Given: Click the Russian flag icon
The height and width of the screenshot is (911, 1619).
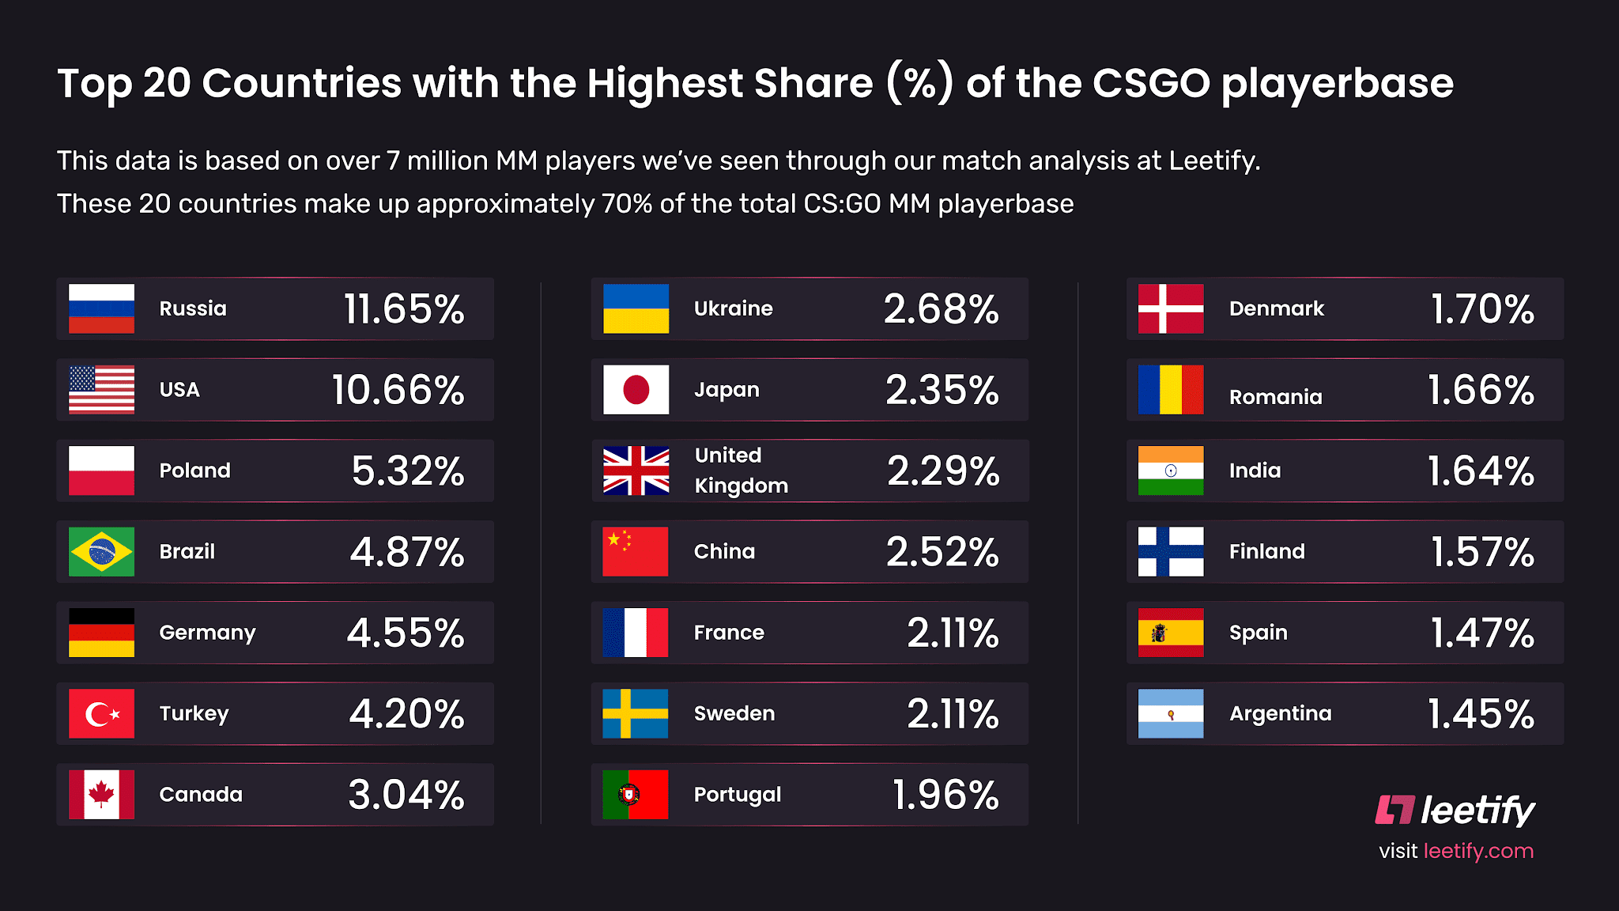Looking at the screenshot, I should point(101,308).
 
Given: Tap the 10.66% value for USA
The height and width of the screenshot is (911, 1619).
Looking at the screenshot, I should point(398,390).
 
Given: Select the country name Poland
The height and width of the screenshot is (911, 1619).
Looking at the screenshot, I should point(194,471).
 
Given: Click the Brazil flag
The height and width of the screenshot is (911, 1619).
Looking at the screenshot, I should point(101,551).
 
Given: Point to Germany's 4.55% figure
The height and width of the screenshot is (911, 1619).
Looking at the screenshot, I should point(406,633).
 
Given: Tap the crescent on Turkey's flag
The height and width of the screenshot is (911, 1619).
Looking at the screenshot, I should point(99,714).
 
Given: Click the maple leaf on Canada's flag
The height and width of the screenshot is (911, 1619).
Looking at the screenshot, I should point(101,793).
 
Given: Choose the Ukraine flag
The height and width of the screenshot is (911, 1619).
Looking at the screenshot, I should point(636,308).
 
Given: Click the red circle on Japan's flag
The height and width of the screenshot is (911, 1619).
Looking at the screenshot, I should point(636,390).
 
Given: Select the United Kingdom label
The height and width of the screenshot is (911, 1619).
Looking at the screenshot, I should point(741,471).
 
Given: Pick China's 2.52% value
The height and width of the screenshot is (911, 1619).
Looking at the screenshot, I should point(942,551).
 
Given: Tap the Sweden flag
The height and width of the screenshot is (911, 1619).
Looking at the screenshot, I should point(636,713).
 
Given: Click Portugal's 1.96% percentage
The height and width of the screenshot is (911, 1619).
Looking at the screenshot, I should point(945,795).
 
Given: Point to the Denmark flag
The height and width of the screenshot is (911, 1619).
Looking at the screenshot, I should point(1171,308).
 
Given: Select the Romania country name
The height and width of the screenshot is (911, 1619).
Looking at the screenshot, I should point(1275,397).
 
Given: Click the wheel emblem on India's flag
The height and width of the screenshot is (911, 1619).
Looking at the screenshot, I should point(1171,471).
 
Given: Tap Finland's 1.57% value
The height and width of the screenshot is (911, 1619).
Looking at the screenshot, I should point(1482,551).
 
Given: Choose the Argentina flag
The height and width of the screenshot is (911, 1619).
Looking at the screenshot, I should point(1171,713).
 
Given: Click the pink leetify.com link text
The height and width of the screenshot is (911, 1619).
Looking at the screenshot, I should point(1478,851).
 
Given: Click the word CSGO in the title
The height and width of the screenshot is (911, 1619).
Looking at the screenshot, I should point(1151,83).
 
